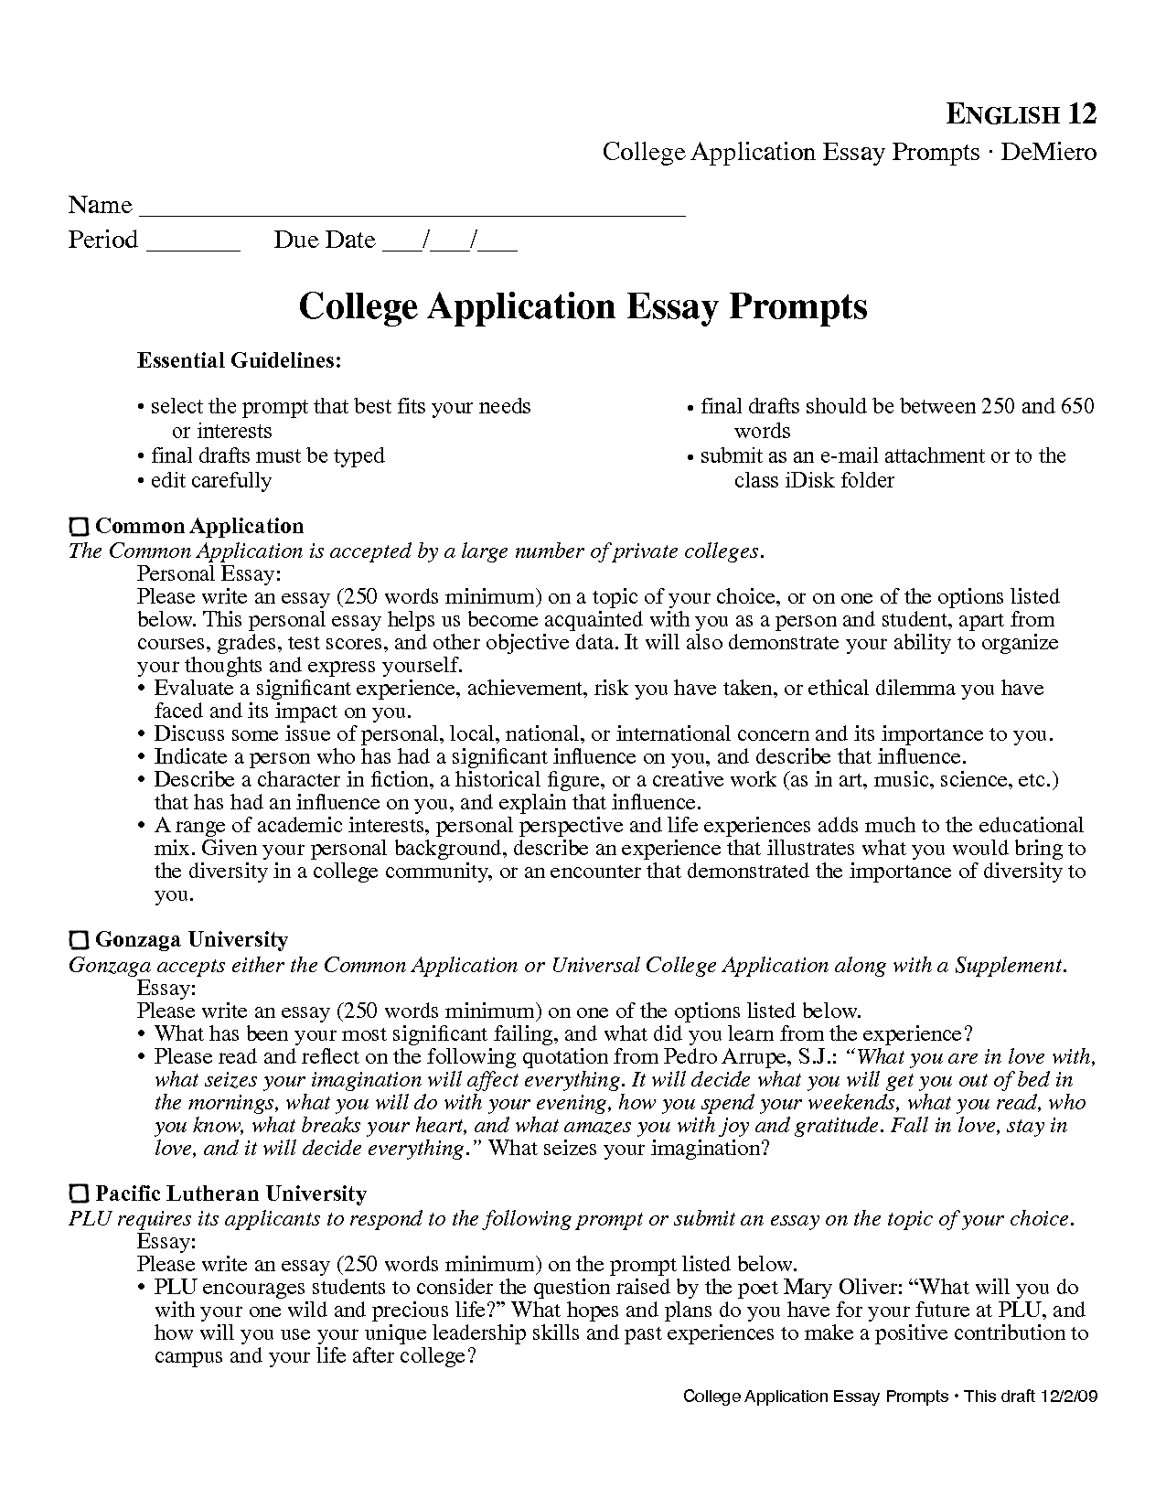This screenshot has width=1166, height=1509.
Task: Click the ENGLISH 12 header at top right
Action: click(x=1020, y=114)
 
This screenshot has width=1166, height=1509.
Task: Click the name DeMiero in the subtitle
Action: click(x=1048, y=152)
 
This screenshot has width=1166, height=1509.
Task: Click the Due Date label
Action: click(x=325, y=241)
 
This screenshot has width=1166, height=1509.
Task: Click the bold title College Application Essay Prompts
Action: click(x=583, y=305)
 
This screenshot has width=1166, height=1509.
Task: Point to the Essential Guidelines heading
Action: click(x=240, y=361)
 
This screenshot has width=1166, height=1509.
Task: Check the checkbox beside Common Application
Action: click(x=80, y=527)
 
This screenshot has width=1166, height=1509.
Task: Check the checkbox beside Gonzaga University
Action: click(x=80, y=940)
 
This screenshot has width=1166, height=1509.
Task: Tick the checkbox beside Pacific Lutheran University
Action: click(x=80, y=1194)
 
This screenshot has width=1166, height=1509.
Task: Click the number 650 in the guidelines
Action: click(x=1076, y=406)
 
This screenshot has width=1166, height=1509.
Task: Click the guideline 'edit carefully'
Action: click(x=210, y=480)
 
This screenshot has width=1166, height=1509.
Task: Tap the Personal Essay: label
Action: click(x=209, y=574)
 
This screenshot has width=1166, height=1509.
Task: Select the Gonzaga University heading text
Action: click(x=191, y=940)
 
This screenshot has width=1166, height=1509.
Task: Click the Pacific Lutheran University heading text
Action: click(x=230, y=1194)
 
